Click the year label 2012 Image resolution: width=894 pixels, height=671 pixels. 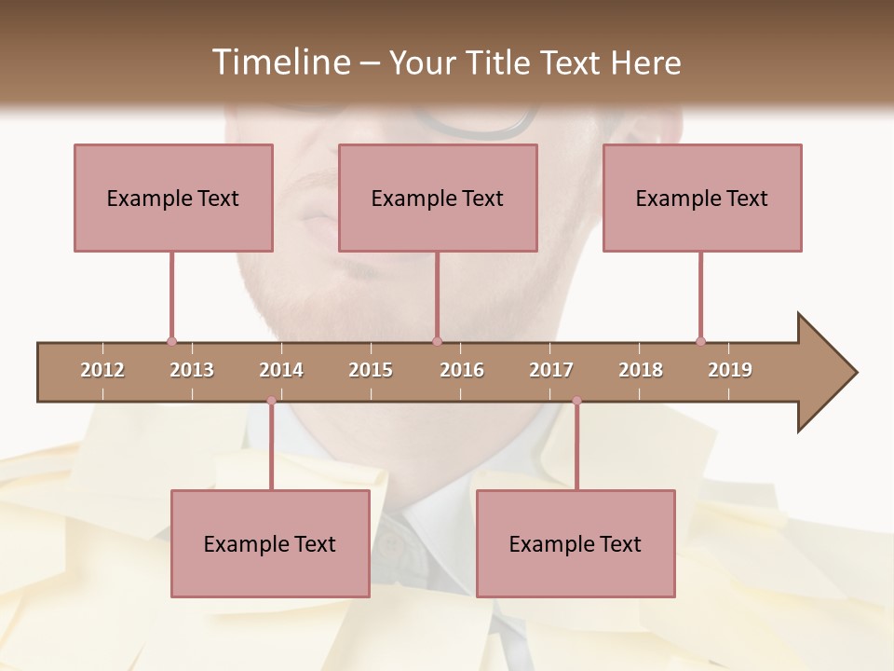102,370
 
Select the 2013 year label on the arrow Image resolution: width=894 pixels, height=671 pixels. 192,370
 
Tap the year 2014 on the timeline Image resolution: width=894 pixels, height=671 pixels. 281,370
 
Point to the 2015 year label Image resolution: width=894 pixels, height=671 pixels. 371,370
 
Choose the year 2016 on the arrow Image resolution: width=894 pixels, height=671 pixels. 462,370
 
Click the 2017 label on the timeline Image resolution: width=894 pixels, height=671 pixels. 551,370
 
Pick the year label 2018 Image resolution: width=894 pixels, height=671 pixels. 641,370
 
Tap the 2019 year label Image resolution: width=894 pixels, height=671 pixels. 730,370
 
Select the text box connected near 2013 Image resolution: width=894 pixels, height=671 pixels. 173,198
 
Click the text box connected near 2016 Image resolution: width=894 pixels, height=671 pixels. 438,198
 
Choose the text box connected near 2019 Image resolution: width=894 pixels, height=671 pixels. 702,198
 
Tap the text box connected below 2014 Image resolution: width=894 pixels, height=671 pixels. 270,543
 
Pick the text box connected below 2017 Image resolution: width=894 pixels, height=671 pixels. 576,543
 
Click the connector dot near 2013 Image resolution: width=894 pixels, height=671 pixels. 171,341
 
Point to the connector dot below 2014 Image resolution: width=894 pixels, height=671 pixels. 271,401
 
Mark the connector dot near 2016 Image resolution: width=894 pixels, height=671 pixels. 437,341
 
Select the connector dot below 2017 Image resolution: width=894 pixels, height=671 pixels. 576,401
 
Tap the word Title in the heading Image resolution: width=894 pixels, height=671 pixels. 498,62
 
